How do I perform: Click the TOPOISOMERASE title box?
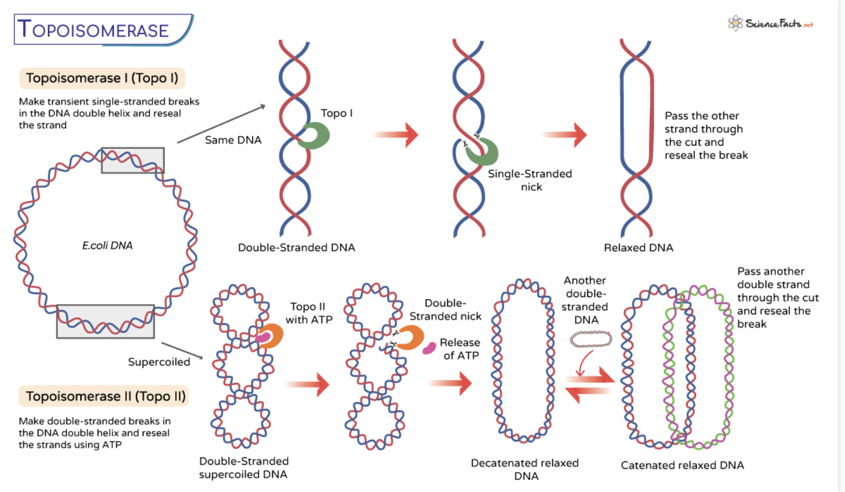pos(104,30)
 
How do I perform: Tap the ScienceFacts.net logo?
pos(771,23)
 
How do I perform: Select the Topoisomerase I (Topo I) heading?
pos(102,78)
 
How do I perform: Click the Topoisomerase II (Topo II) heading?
pos(104,396)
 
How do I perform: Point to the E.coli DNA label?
pos(107,245)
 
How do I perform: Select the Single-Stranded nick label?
pos(530,180)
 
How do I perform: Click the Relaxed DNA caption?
pos(638,248)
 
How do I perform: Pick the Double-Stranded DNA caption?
pos(297,248)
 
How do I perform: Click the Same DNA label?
pos(233,140)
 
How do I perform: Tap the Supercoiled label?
pos(159,362)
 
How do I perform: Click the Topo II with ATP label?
pos(309,313)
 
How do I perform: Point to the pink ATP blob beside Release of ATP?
pos(429,347)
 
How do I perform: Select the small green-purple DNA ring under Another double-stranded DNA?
pos(591,339)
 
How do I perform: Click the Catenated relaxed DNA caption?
pos(683,465)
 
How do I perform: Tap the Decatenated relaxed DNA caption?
pos(524,469)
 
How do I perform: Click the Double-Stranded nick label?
pos(445,309)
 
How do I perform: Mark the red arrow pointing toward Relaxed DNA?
pos(564,135)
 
